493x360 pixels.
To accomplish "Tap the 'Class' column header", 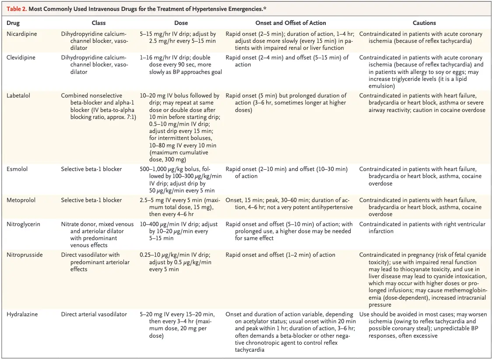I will pos(99,23).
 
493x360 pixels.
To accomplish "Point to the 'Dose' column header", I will pos(181,23).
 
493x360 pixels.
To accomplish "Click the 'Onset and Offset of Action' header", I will pos(291,23).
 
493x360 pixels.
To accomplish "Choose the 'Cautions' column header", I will pos(424,23).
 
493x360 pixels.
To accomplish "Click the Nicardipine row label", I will pos(21,34).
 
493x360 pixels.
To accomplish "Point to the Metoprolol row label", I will pos(20,200).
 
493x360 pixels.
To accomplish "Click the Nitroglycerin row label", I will pos(23,224).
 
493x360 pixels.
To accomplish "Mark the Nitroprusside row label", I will pos(25,255).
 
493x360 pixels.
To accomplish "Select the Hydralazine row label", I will pos(22,314).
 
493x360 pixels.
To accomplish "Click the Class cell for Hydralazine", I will pos(94,314).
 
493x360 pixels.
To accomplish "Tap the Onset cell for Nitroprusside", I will pos(280,255).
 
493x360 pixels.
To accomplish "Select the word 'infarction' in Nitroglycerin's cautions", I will pos(381,231).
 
